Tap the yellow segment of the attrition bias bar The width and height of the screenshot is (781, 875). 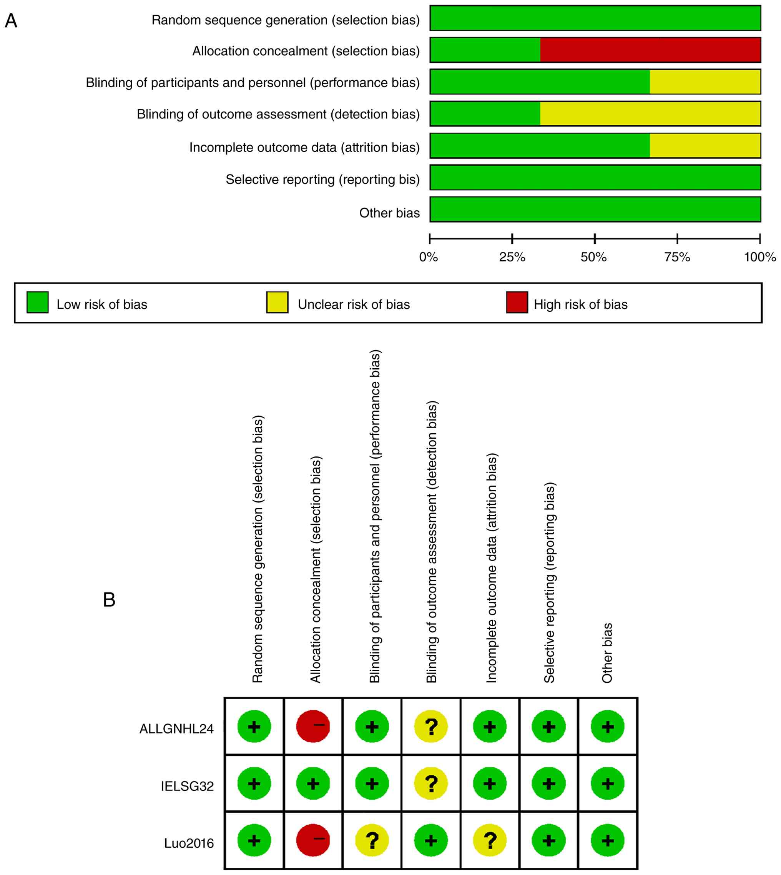(x=705, y=145)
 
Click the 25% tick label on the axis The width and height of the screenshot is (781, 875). (x=512, y=258)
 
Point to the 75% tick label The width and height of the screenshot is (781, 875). (x=677, y=258)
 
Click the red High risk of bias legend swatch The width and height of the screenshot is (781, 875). (x=517, y=302)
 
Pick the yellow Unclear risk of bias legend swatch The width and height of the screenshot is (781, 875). (x=277, y=302)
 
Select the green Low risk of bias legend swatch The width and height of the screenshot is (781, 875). (x=37, y=302)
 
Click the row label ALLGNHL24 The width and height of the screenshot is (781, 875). (x=176, y=729)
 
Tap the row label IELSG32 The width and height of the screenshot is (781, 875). (x=187, y=786)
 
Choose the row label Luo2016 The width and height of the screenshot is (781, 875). (x=189, y=843)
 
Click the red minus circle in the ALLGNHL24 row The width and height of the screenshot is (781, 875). (x=313, y=726)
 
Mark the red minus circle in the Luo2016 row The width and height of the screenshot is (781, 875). (x=313, y=840)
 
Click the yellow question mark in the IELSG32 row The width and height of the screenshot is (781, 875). (x=431, y=783)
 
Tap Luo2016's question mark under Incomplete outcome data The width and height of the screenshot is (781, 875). (x=490, y=840)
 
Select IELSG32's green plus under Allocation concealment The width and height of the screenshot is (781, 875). (x=313, y=783)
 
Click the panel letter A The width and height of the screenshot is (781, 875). (x=11, y=21)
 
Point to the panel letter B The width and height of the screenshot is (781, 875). (x=109, y=600)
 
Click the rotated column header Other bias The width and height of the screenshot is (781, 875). (x=607, y=653)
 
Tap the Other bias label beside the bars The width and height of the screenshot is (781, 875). (x=389, y=213)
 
